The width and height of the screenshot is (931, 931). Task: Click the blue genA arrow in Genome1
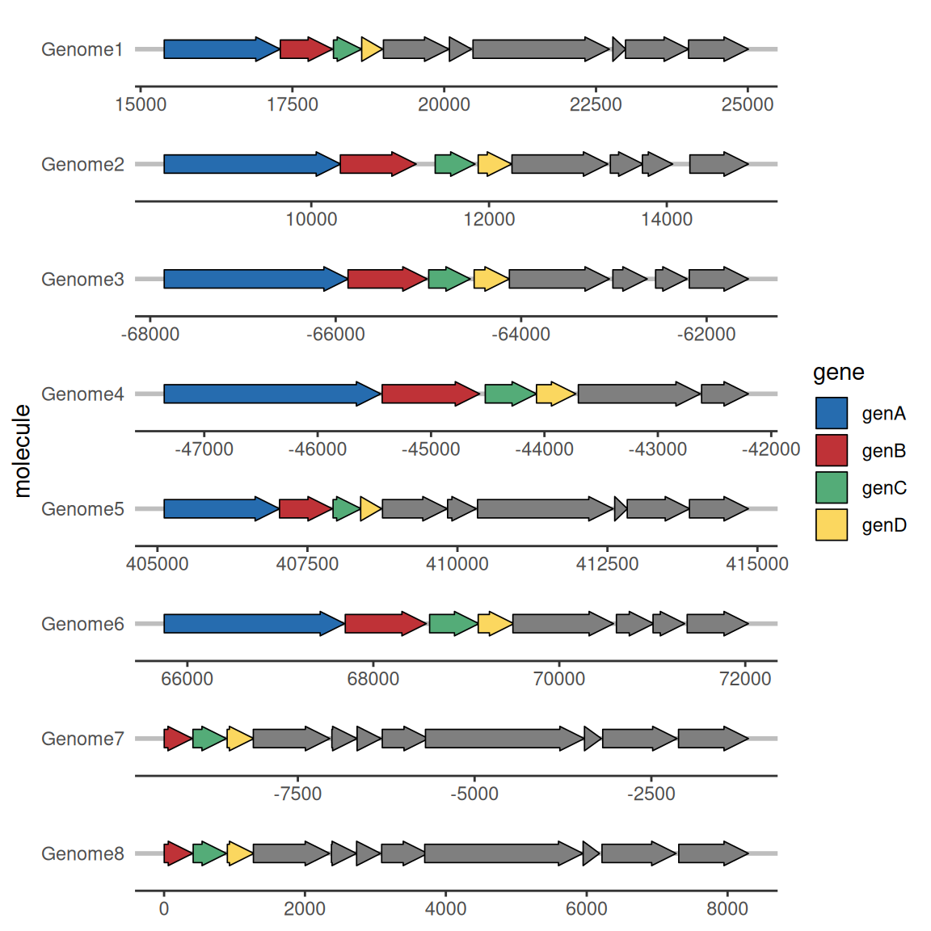(221, 48)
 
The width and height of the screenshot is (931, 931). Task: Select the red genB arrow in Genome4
(431, 394)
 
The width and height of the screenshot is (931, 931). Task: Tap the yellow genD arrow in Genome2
(494, 164)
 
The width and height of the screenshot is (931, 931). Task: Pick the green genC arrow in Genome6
(453, 623)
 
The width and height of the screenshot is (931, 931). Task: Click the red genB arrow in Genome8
(178, 853)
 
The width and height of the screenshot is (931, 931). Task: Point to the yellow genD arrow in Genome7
(240, 739)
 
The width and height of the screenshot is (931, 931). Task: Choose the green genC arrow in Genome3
(449, 279)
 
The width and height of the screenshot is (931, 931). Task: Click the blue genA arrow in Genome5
(221, 509)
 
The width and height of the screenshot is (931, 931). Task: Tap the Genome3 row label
(82, 279)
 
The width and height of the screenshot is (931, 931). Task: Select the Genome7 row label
(82, 739)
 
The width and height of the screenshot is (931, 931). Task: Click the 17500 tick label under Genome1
(292, 104)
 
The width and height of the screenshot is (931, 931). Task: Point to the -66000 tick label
(335, 335)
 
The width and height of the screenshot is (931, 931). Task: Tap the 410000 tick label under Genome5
(457, 563)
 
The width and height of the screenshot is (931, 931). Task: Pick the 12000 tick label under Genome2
(489, 219)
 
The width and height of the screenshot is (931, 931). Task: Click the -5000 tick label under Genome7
(474, 794)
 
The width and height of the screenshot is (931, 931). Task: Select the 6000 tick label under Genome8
(586, 908)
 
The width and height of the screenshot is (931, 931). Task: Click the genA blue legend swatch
(832, 413)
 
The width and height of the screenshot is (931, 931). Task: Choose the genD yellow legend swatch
(832, 524)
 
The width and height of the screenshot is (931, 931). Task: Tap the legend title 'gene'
(838, 373)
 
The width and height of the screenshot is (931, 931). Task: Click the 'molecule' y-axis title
(22, 451)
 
